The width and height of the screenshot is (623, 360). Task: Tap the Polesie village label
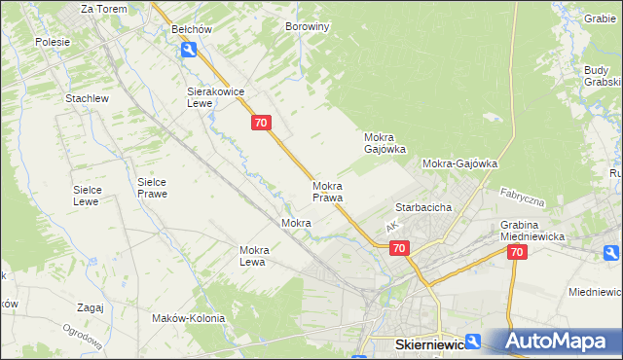pyautogui.click(x=53, y=42)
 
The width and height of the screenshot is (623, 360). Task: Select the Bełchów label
pyautogui.click(x=191, y=29)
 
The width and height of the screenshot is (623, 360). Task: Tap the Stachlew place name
pyautogui.click(x=86, y=98)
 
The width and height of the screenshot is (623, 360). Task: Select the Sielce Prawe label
pyautogui.click(x=152, y=187)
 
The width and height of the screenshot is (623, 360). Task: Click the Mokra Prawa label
pyautogui.click(x=327, y=192)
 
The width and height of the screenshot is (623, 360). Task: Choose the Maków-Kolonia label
pyautogui.click(x=188, y=318)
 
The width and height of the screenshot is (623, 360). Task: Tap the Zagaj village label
pyautogui.click(x=90, y=307)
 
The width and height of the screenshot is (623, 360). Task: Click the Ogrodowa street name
pyautogui.click(x=85, y=342)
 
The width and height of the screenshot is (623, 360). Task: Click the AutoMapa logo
pyautogui.click(x=558, y=342)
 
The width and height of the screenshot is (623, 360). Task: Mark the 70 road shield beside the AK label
pyautogui.click(x=399, y=249)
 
